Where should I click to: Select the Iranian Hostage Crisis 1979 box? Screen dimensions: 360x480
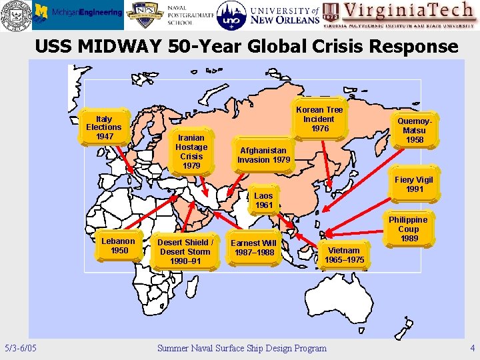pyautogui.click(x=191, y=151)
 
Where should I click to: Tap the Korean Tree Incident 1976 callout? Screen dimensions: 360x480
pyautogui.click(x=319, y=119)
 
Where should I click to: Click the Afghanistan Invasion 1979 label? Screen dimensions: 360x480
pyautogui.click(x=263, y=155)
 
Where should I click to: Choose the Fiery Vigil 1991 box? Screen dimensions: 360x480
pyautogui.click(x=413, y=185)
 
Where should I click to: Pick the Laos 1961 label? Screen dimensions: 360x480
pyautogui.click(x=264, y=200)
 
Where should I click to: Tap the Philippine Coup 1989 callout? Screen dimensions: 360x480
pyautogui.click(x=408, y=229)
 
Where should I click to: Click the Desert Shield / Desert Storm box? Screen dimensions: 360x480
pyautogui.click(x=185, y=251)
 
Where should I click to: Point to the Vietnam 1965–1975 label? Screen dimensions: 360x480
pyautogui.click(x=344, y=255)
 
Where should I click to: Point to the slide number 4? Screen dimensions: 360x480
pyautogui.click(x=472, y=348)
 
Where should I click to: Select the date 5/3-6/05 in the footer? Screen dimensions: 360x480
pyautogui.click(x=21, y=348)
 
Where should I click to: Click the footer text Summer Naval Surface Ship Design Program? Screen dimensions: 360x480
pyautogui.click(x=241, y=348)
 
